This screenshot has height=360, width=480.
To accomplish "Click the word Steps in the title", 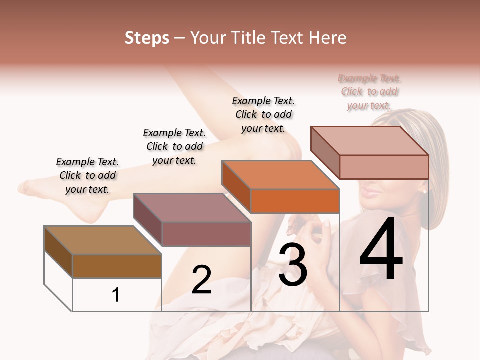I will click(147, 38).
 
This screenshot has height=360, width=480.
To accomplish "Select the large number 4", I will click(381, 250).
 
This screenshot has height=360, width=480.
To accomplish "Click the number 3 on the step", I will click(292, 265).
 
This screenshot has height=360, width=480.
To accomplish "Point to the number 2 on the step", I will click(201, 280).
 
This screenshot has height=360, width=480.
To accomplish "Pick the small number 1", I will click(116, 295).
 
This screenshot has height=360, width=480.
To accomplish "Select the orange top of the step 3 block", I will click(280, 175).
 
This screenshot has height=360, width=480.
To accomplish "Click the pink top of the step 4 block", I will click(370, 141).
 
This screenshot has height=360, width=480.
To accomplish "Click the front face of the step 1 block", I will click(117, 266).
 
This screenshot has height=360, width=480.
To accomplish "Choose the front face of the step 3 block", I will click(295, 201).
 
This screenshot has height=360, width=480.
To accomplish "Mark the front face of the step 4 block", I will click(384, 167).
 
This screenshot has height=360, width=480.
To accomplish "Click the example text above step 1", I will click(87, 175).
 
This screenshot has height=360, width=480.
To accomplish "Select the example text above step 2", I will click(174, 146).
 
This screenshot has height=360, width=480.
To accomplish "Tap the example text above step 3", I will click(263, 114).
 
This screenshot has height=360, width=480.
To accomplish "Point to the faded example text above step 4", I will click(369, 92).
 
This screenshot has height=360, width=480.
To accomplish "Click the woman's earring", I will click(425, 191).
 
